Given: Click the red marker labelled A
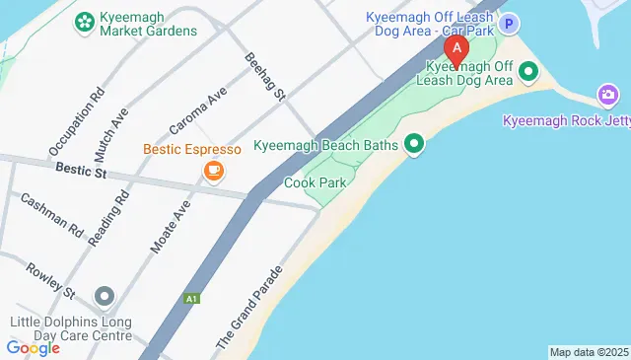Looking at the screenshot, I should [456, 49].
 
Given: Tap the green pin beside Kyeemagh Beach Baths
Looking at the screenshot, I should [415, 145].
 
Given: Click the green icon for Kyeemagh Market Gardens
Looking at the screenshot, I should [84, 20].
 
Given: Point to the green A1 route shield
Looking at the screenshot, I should [189, 297].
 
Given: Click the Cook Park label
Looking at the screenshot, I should [313, 182].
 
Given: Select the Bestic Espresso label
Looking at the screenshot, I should [192, 150].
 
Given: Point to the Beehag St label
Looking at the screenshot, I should [264, 76].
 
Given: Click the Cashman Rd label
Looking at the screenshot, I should [51, 214].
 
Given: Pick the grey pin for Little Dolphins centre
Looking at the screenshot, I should [105, 296].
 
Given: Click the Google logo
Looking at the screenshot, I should [33, 348].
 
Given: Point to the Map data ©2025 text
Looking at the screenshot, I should [588, 352].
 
